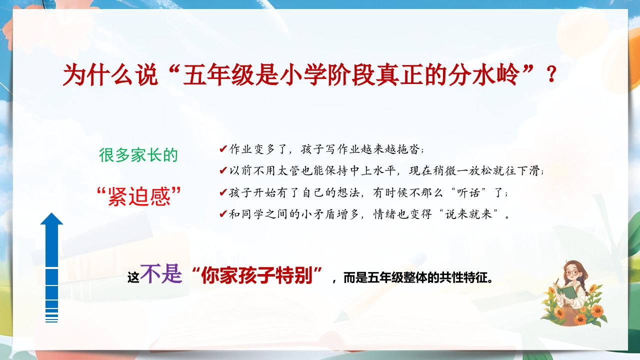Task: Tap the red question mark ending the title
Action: tap(551, 74)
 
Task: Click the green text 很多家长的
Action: tap(138, 155)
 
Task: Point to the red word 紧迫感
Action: tap(139, 196)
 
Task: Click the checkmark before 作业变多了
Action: tap(223, 149)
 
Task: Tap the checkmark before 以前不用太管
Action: tap(223, 170)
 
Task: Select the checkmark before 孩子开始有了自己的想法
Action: tap(223, 192)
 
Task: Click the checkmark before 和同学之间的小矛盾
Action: tap(223, 214)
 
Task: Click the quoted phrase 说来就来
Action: tap(468, 214)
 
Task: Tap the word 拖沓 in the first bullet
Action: tap(409, 149)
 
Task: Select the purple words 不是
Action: tap(161, 273)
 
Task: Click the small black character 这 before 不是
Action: tap(133, 277)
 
